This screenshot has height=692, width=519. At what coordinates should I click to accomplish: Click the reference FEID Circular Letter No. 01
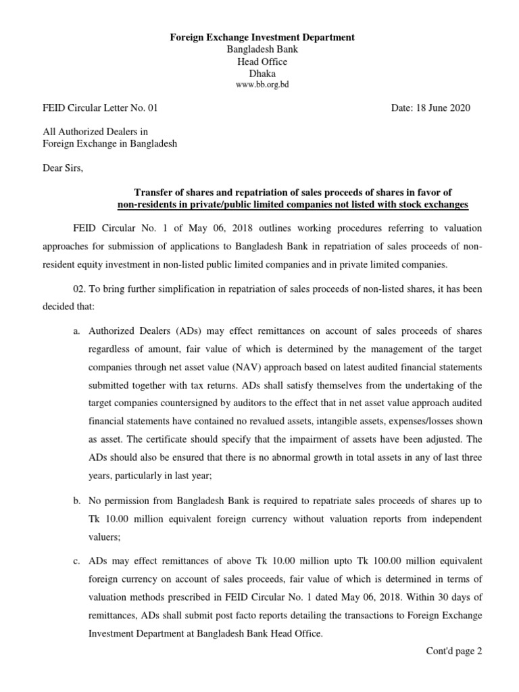[x=100, y=107]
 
